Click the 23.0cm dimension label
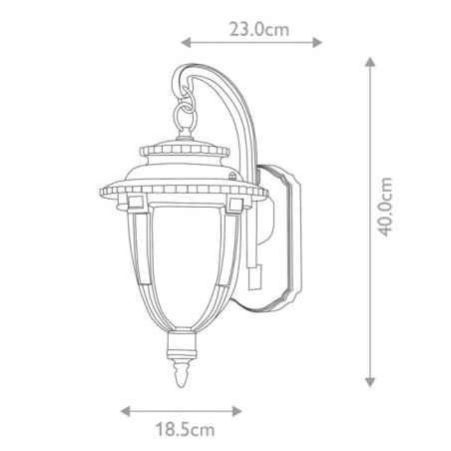[258, 29]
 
